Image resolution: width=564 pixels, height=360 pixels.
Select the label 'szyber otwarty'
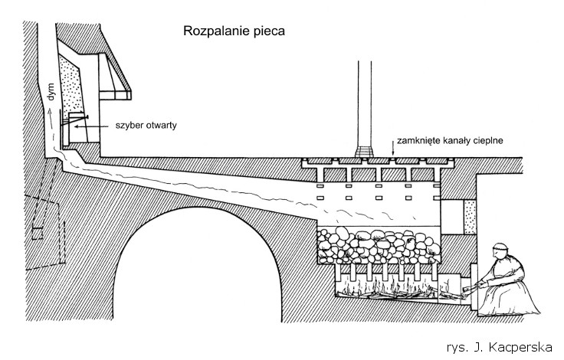click(x=143, y=126)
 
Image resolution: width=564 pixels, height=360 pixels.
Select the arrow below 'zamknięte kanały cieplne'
click(x=393, y=154)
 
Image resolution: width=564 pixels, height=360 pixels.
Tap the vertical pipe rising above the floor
click(x=363, y=100)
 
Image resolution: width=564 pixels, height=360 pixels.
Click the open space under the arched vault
click(x=215, y=276)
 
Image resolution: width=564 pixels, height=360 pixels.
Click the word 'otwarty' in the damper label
click(x=159, y=126)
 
